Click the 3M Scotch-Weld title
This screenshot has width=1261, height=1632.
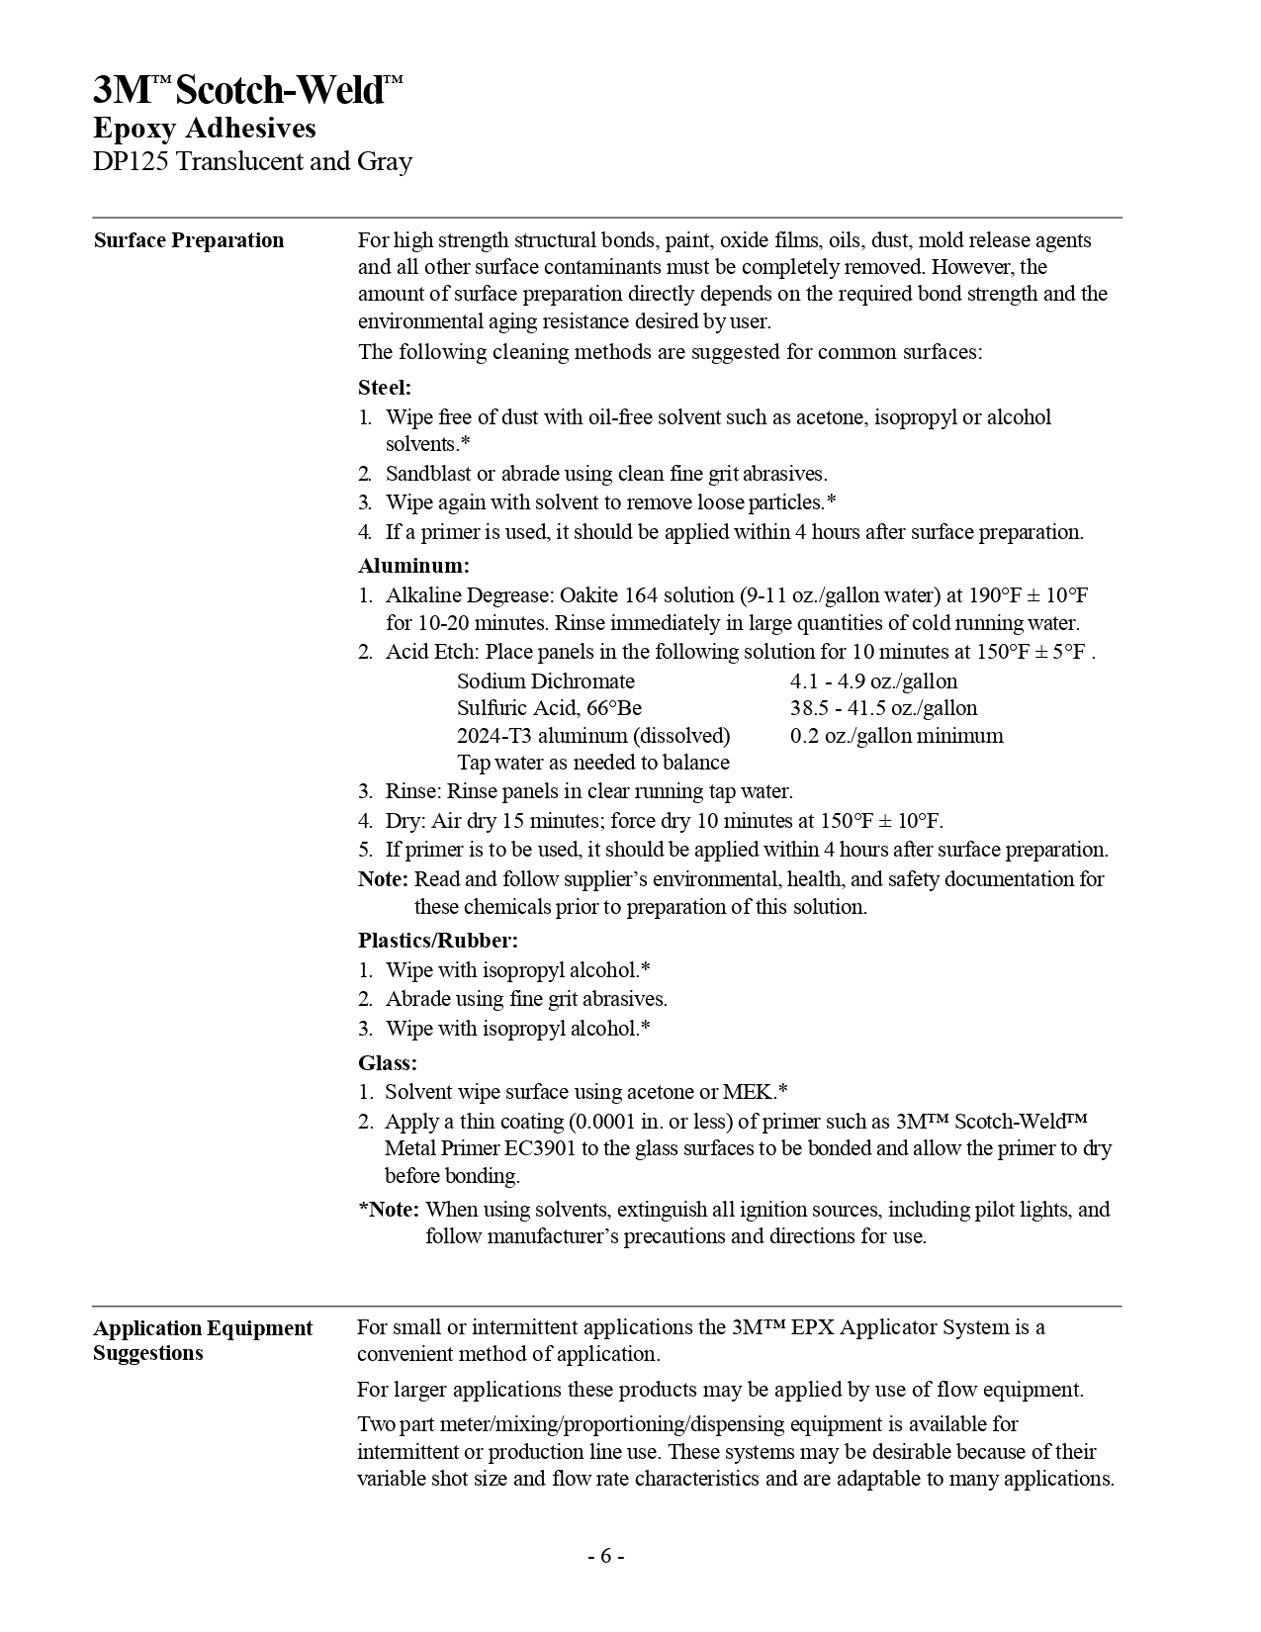click(248, 91)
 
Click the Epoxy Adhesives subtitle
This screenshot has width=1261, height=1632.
click(205, 129)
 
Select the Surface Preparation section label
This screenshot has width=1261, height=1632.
click(189, 240)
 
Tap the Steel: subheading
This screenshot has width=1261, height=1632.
click(385, 388)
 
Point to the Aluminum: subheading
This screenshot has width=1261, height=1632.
click(413, 566)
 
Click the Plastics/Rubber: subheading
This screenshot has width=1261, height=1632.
click(437, 940)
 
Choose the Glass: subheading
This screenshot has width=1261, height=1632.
click(388, 1062)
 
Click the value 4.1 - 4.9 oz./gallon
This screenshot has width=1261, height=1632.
click(873, 681)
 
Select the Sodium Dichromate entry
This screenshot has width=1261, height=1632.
click(546, 681)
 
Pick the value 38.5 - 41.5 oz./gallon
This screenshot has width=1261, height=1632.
click(883, 708)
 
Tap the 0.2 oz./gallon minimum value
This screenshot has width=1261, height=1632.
click(896, 736)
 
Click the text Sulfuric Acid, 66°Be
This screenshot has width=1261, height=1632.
click(549, 708)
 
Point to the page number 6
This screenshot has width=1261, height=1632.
click(606, 1556)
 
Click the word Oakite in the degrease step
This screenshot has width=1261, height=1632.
click(588, 595)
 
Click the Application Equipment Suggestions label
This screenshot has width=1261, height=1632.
click(203, 1340)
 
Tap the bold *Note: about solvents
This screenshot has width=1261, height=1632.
click(389, 1209)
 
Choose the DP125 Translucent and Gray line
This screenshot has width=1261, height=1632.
click(252, 162)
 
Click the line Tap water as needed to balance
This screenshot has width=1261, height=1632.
click(593, 763)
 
